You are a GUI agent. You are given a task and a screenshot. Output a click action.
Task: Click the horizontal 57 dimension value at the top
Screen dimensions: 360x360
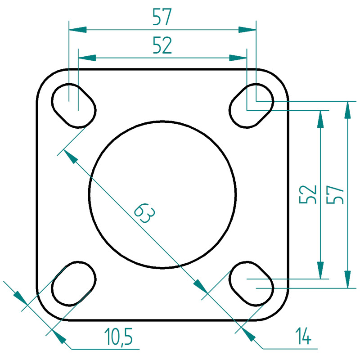tap(162, 17)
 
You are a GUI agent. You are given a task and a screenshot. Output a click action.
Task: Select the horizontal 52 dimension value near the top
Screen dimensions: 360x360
tap(162, 45)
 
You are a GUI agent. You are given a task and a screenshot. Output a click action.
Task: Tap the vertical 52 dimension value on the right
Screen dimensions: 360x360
tap(308, 194)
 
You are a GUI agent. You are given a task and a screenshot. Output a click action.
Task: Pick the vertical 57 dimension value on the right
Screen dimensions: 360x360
tap(335, 194)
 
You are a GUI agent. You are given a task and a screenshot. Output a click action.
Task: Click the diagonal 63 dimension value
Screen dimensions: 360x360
tap(144, 213)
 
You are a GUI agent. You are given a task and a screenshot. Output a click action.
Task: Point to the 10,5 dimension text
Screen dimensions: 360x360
tap(118, 337)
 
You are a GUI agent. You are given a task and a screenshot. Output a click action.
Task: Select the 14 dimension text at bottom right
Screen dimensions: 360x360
tap(303, 336)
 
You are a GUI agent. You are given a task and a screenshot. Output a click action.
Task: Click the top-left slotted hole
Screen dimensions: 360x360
tap(73, 106)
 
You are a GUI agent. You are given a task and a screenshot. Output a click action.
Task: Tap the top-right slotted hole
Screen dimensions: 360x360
tap(252, 106)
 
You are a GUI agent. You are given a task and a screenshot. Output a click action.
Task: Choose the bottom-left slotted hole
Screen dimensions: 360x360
tap(73, 284)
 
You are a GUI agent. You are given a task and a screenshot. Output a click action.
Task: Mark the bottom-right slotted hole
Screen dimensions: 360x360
tap(252, 284)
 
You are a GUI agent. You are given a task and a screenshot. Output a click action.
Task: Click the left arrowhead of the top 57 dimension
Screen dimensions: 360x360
tap(77, 30)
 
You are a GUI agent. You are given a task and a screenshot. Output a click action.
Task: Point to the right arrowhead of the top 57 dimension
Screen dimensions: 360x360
tap(247, 30)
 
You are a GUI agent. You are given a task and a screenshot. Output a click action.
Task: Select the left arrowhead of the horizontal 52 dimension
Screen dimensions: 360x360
tap(87, 58)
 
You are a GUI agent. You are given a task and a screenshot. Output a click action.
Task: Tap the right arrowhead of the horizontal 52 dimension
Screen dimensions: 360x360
tap(238, 58)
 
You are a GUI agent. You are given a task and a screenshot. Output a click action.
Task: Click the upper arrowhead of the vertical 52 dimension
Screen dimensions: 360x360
tap(320, 119)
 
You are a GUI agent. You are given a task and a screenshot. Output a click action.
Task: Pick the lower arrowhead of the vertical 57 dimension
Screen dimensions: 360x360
tap(347, 279)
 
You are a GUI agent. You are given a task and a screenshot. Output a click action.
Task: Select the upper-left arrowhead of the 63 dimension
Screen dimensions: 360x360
tap(71, 156)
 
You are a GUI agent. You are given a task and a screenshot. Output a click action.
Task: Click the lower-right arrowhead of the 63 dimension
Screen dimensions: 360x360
tap(200, 286)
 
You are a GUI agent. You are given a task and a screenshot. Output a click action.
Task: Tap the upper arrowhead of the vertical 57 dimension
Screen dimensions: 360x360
tap(347, 110)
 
